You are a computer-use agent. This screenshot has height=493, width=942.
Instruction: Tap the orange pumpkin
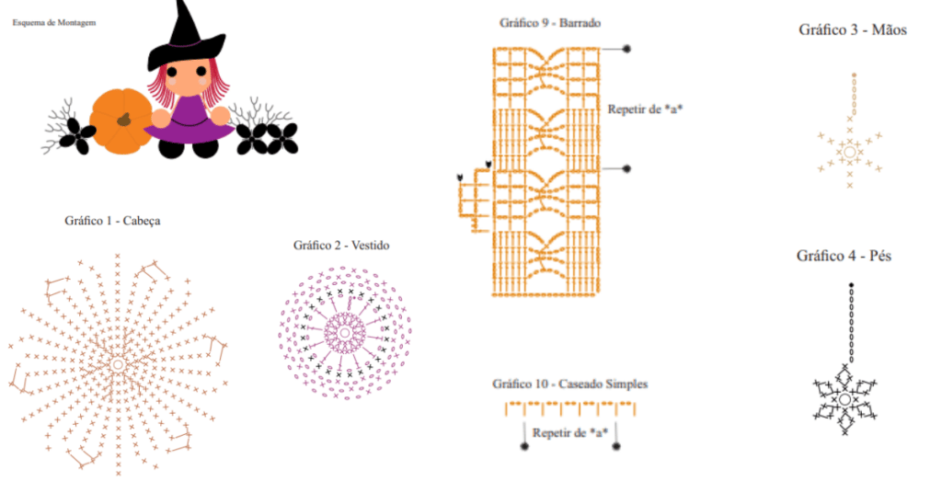[x=121, y=121]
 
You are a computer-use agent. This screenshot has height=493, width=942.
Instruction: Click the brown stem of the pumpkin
[x=124, y=119]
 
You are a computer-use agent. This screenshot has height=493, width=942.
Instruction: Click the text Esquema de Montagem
[x=54, y=23]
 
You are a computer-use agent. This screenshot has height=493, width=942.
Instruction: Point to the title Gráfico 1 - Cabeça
[x=112, y=221]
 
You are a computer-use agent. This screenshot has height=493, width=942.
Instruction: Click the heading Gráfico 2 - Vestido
[x=341, y=245]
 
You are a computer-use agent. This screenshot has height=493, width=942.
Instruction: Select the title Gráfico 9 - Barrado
[x=550, y=23]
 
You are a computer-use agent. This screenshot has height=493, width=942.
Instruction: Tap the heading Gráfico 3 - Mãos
[x=853, y=30]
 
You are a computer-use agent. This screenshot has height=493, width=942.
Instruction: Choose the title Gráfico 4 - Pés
[x=844, y=256]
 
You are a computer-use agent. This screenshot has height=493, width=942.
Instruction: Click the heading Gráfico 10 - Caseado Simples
[x=569, y=384]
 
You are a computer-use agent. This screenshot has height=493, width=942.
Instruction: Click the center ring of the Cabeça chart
[x=118, y=364]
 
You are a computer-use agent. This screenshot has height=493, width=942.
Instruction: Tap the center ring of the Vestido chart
[x=344, y=333]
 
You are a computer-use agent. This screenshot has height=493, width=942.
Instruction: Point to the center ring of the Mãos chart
[x=849, y=152]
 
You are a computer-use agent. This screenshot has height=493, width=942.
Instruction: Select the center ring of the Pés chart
[x=844, y=399]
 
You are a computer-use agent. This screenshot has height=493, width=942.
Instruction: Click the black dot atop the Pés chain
[x=851, y=285]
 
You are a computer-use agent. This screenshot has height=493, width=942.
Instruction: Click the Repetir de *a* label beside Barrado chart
[x=645, y=109]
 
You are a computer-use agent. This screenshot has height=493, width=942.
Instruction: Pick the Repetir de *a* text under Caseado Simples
[x=570, y=433]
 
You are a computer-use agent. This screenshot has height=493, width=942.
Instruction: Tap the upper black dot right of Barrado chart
[x=626, y=49]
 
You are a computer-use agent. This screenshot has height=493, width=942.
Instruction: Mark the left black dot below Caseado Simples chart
[x=524, y=446]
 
